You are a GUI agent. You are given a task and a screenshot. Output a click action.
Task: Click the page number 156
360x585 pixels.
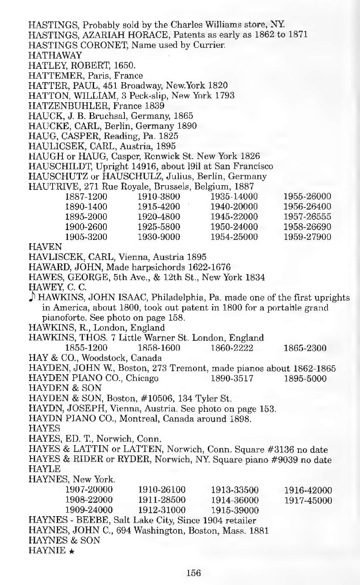[193, 573]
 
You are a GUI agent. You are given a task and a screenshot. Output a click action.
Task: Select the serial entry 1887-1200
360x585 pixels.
[86, 197]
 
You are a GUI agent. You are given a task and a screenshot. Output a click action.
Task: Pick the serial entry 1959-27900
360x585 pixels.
[307, 236]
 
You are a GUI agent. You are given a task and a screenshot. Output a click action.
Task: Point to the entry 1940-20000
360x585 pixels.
[234, 207]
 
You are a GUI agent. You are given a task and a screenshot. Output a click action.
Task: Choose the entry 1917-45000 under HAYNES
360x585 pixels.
[308, 500]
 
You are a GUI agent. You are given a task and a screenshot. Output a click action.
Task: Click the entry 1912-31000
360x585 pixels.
[162, 510]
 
